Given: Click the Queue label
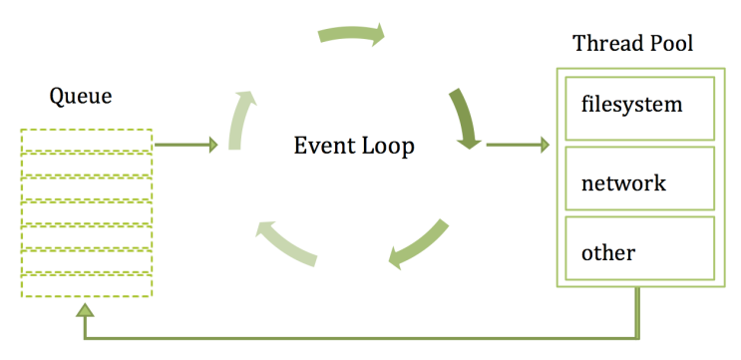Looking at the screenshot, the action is pyautogui.click(x=81, y=97).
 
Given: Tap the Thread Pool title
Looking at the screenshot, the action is pyautogui.click(x=632, y=44).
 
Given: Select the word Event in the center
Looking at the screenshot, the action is pyautogui.click(x=323, y=145).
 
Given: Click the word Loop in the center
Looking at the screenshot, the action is pyautogui.click(x=388, y=146).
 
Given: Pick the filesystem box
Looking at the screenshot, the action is pyautogui.click(x=640, y=108).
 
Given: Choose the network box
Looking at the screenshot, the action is pyautogui.click(x=640, y=179).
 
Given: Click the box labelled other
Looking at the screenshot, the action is pyautogui.click(x=640, y=248).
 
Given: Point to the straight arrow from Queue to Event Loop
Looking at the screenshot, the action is pyautogui.click(x=186, y=145).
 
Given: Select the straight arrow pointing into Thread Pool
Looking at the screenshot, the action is pyautogui.click(x=518, y=145).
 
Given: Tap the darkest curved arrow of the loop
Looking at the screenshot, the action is pyautogui.click(x=466, y=118).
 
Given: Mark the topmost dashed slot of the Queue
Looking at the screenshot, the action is pyautogui.click(x=87, y=141).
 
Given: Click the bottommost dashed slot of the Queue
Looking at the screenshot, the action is pyautogui.click(x=87, y=285).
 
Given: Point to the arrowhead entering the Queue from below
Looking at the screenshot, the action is pyautogui.click(x=86, y=309).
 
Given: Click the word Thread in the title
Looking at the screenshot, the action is pyautogui.click(x=606, y=44).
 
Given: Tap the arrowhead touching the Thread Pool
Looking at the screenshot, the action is pyautogui.click(x=544, y=145).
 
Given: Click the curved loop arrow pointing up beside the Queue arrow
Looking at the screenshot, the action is pyautogui.click(x=240, y=121).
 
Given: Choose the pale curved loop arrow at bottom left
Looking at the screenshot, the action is pyautogui.click(x=286, y=243).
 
